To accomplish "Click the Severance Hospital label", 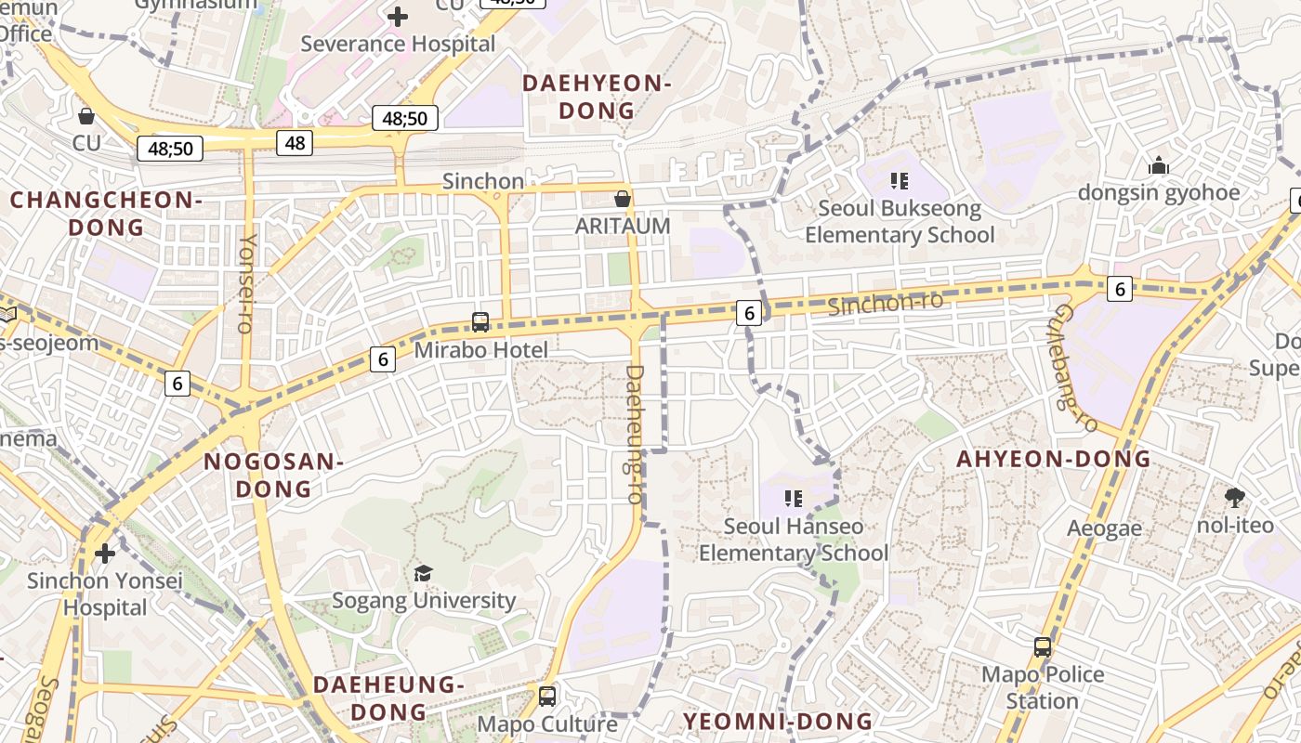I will click(397, 44).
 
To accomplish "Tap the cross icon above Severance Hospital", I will click(398, 16).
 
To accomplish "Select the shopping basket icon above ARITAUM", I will click(623, 199).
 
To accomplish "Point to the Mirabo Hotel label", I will click(480, 350).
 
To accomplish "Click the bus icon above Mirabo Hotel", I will click(480, 322).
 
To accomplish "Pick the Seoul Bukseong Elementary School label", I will click(900, 221).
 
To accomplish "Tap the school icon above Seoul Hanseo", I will click(794, 499).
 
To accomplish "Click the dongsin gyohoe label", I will click(1159, 192).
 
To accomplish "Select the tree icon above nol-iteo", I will click(1235, 498).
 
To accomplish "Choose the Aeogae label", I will click(1104, 528).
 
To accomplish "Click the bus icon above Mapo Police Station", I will click(1043, 647).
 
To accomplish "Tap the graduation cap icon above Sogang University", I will click(423, 573).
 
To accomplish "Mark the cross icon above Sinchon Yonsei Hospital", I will click(105, 554).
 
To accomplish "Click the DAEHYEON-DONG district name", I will click(597, 97).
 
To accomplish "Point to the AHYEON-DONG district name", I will click(1054, 459).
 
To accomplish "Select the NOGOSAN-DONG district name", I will click(273, 475).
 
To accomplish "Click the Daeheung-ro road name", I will click(635, 434).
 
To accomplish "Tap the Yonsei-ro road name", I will click(247, 282).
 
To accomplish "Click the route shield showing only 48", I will click(295, 143).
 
